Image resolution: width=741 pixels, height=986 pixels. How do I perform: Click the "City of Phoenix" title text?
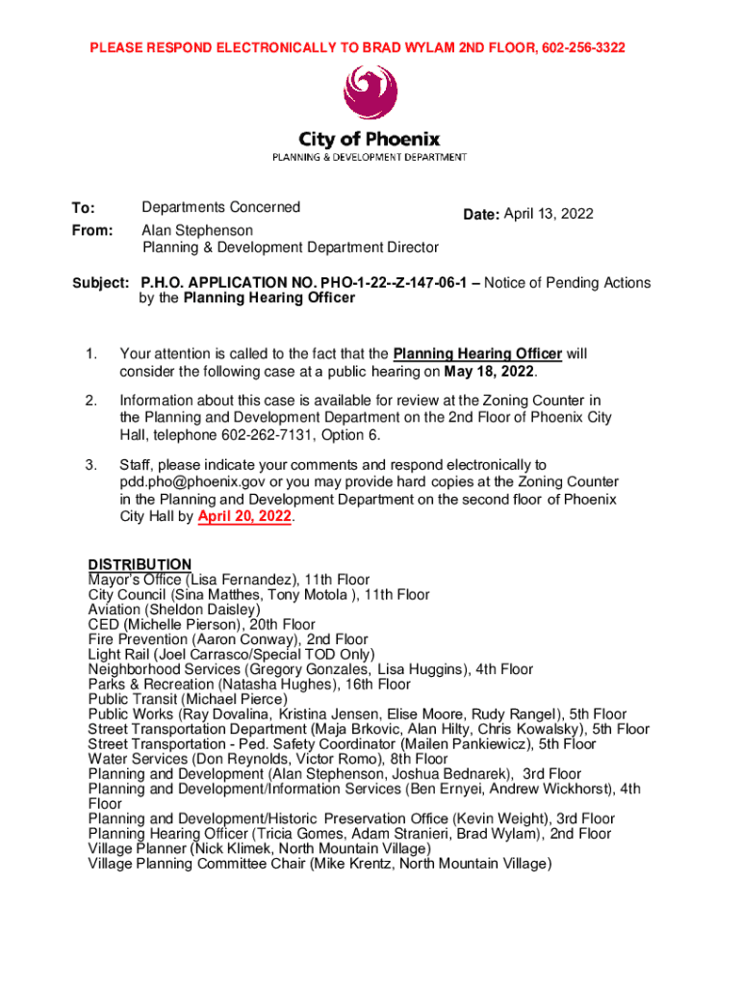(370, 140)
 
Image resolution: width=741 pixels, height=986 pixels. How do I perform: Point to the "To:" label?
(84, 208)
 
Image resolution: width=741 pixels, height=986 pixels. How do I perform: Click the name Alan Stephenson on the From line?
(197, 231)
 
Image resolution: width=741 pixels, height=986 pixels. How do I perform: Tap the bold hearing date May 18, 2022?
(488, 372)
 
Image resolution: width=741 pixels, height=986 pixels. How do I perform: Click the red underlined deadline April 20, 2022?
(243, 517)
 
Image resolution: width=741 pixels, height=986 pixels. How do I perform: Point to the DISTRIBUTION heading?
(140, 564)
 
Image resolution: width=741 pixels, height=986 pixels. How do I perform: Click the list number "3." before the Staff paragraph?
(92, 465)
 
